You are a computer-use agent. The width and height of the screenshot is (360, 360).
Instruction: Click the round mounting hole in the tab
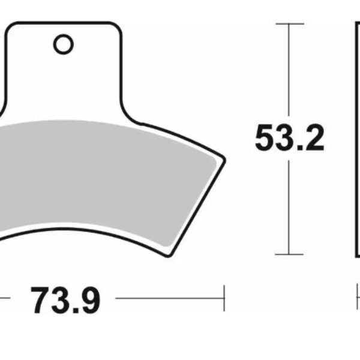coord(62,44)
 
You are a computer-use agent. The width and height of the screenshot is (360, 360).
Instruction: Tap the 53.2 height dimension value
coord(289,138)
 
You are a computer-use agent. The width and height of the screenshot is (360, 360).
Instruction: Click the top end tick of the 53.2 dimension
coord(290,24)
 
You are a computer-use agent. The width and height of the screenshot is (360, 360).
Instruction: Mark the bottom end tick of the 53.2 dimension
coord(290,254)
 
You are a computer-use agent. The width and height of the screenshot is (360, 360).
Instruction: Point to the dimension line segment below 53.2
coord(290,204)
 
